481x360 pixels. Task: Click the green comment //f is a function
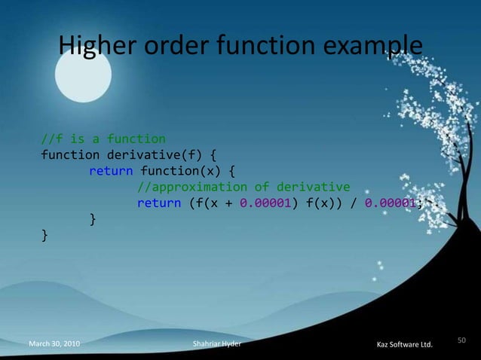coord(103,139)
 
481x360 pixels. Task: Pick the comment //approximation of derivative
coord(243,187)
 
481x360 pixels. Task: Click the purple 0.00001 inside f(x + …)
coord(263,203)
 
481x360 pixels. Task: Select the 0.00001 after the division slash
coord(388,203)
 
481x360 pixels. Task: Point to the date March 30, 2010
coord(54,344)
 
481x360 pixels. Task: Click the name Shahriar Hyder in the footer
coord(218,344)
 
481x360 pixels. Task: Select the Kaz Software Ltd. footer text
coord(404,345)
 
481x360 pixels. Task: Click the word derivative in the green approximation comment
coord(314,187)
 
